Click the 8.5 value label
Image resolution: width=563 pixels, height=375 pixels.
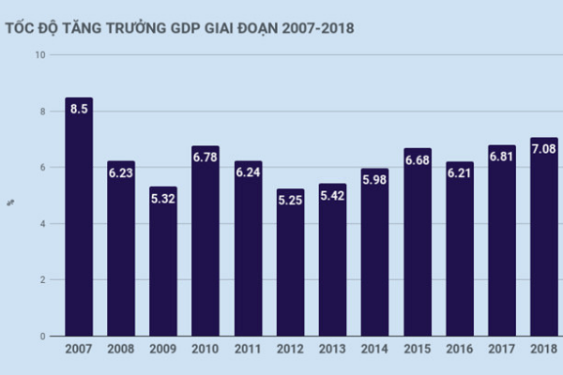coord(79,109)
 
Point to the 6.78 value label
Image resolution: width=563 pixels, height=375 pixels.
coord(205,157)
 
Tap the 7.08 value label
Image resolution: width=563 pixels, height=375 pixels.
coord(543,149)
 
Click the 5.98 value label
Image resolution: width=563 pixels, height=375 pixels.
coord(374,180)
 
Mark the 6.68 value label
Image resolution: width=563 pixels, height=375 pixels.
coord(417,160)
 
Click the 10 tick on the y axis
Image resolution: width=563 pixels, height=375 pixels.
coord(39,55)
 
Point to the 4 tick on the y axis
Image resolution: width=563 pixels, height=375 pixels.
coord(42,224)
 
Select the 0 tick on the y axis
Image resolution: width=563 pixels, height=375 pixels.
coord(42,336)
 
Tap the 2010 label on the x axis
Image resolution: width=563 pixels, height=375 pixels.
coord(205,350)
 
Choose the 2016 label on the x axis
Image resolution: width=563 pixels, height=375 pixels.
coord(459,350)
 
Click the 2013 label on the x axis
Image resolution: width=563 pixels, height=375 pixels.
coord(332,350)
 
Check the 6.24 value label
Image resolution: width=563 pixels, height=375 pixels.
coord(248,172)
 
